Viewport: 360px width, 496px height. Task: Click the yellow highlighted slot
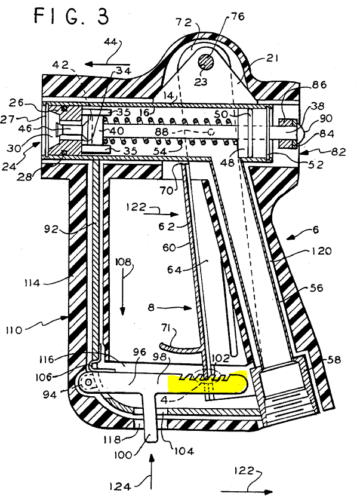pyautogui.click(x=208, y=382)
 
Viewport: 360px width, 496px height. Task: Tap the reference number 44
pyautogui.click(x=111, y=42)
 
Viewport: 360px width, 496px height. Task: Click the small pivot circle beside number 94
pyautogui.click(x=90, y=382)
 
